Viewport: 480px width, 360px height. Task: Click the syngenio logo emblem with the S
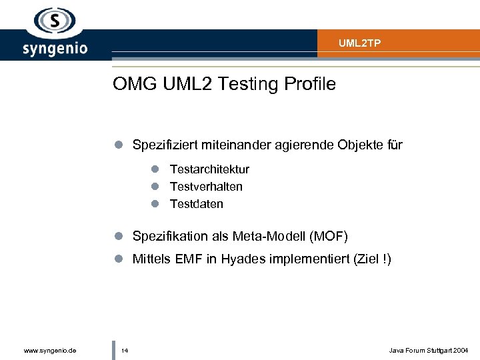pyautogui.click(x=54, y=21)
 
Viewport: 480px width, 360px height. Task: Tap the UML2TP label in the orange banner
pyautogui.click(x=359, y=43)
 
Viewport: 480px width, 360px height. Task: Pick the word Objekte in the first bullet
pyautogui.click(x=352, y=145)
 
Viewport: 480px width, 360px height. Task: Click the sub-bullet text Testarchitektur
pyautogui.click(x=209, y=169)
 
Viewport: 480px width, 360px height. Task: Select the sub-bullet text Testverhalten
pyautogui.click(x=206, y=187)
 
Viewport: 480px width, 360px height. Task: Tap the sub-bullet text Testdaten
pyautogui.click(x=197, y=204)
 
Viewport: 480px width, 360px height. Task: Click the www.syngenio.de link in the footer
pyautogui.click(x=49, y=350)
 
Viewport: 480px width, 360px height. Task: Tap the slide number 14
pyautogui.click(x=125, y=350)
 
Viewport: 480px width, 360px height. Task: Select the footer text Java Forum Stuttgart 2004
pyautogui.click(x=429, y=350)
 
